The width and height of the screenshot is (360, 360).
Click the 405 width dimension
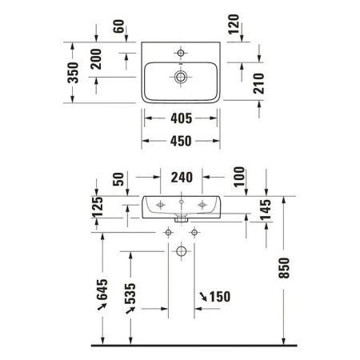[181, 121]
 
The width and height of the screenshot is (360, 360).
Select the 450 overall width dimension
[181, 141]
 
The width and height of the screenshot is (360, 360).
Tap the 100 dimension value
[240, 178]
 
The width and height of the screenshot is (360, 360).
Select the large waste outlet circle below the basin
[181, 252]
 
